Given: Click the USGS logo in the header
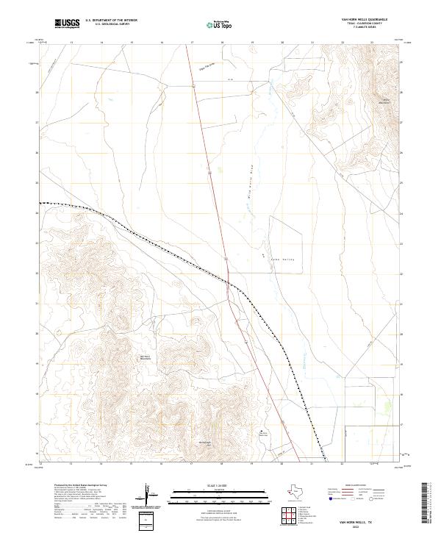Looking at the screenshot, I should tap(68, 24).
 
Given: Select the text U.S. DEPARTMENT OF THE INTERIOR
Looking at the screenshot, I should tap(111, 21).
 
